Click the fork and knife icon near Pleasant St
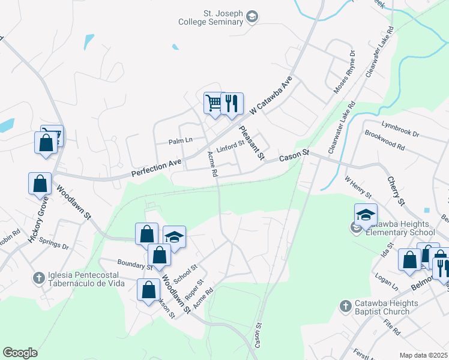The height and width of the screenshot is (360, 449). tap(231, 103)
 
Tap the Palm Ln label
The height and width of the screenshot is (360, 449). tap(180, 140)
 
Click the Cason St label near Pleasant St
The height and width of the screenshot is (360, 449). tap(294, 156)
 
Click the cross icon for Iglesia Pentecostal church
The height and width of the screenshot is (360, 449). tap(38, 278)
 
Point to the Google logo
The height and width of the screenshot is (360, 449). tap(20, 353)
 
